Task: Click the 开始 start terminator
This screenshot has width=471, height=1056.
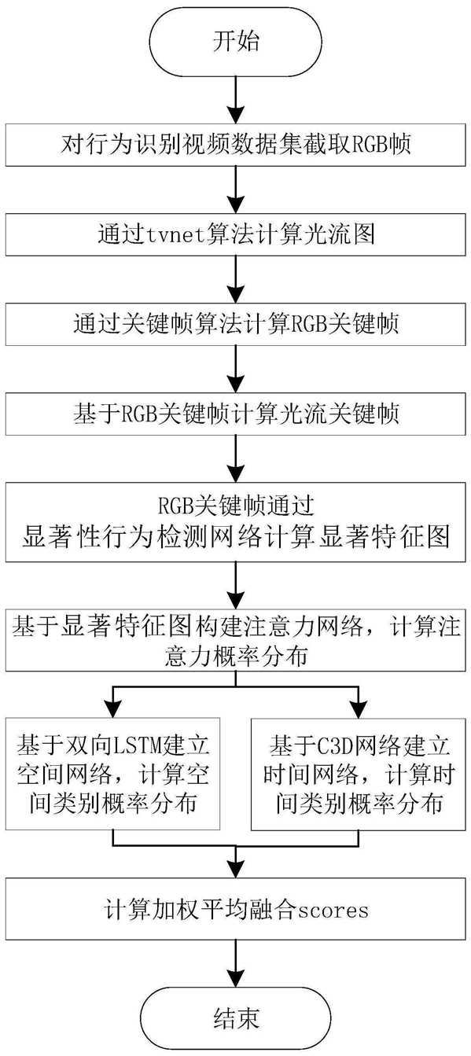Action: pos(235,41)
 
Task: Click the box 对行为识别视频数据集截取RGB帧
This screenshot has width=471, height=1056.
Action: pos(235,145)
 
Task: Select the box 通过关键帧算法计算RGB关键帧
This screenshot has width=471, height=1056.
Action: pos(235,324)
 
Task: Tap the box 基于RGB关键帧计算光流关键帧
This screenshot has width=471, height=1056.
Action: pos(235,414)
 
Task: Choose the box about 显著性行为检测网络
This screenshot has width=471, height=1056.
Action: pos(235,522)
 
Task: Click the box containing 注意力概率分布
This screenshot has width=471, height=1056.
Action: pos(235,640)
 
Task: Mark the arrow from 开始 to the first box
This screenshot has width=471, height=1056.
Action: pos(235,100)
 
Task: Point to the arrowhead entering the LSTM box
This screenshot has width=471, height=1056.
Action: pos(112,708)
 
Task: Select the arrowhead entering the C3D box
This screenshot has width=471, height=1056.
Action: pos(359,708)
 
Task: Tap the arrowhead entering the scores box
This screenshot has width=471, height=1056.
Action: pos(235,868)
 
